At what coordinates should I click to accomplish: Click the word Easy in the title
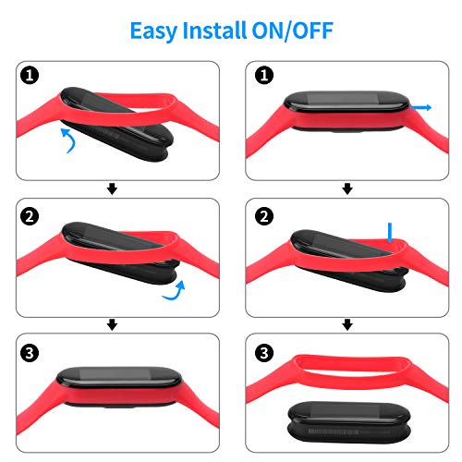coord(153,31)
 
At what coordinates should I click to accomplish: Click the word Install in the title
coord(214,30)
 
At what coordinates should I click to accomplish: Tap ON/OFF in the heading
coord(293,30)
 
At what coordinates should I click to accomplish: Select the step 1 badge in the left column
coord(30,76)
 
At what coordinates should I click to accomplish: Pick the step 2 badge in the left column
coord(30,216)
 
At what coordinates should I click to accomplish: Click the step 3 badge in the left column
coord(30,353)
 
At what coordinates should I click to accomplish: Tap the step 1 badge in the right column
coord(264,76)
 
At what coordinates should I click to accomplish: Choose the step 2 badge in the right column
coord(264,216)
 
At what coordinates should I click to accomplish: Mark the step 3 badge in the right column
coord(264,353)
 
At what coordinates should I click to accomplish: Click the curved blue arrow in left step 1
coord(73,140)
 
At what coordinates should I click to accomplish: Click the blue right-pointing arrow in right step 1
coord(421,107)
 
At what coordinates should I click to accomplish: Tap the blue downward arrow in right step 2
coord(390,233)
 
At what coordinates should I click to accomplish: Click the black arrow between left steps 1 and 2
coord(112,188)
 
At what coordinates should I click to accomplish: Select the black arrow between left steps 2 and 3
coord(112,324)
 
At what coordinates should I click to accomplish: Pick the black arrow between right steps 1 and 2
coord(347,188)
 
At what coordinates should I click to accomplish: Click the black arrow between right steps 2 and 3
coord(347,324)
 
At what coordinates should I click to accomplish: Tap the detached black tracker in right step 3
coord(349,422)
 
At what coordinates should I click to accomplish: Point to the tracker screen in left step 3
coord(115,374)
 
